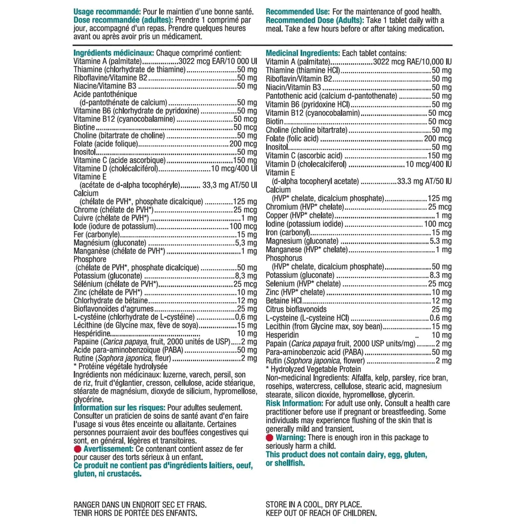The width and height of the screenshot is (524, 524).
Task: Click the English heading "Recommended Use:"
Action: click(x=297, y=12)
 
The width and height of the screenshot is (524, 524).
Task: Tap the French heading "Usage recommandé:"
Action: click(x=107, y=12)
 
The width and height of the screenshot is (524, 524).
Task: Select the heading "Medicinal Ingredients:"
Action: click(x=302, y=53)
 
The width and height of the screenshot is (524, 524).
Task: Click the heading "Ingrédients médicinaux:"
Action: click(x=114, y=53)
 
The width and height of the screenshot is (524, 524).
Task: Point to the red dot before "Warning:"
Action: click(x=269, y=438)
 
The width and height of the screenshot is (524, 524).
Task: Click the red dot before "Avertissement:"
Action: click(x=77, y=449)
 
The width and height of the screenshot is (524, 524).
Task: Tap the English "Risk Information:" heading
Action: click(x=294, y=403)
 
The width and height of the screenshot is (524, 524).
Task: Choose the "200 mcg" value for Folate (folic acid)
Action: click(x=438, y=139)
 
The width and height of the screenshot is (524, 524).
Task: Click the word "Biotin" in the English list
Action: click(x=275, y=121)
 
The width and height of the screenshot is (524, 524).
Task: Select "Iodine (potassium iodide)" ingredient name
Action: click(x=304, y=224)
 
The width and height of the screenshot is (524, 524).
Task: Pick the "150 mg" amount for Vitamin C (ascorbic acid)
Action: click(x=440, y=156)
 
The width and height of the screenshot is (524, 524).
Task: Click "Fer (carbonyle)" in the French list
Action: click(x=96, y=235)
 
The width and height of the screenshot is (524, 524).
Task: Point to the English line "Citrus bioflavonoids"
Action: click(x=296, y=309)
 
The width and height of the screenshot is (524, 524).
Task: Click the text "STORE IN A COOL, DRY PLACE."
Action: click(x=314, y=504)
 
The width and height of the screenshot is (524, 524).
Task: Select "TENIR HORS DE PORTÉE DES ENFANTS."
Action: click(x=135, y=513)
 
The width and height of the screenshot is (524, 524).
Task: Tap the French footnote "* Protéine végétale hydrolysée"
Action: click(x=120, y=367)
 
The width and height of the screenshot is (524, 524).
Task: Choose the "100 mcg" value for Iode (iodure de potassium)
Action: click(x=243, y=226)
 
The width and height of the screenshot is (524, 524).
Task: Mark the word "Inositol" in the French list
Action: click(x=84, y=152)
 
